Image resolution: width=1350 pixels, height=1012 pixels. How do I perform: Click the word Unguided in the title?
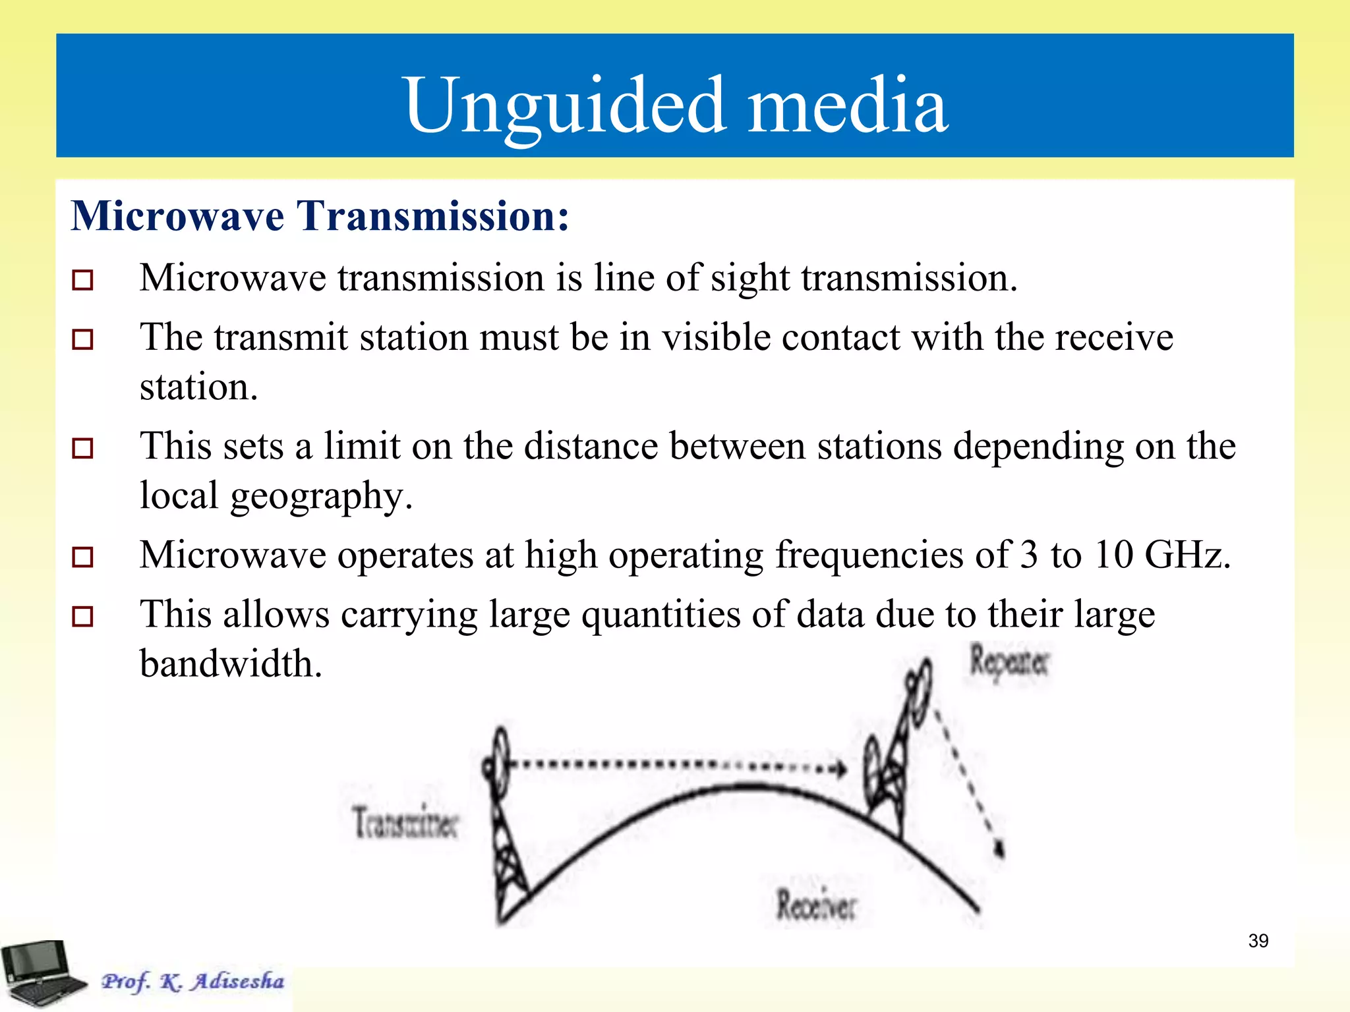(x=566, y=105)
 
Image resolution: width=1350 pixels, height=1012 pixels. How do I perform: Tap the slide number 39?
(x=1258, y=940)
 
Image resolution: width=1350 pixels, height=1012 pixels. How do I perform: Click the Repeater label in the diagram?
(x=1009, y=661)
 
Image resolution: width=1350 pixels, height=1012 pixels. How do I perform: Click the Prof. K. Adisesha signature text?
(x=192, y=981)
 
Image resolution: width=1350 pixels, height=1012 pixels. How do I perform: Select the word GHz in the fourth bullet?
(x=1187, y=555)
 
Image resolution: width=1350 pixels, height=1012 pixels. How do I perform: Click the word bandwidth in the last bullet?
(x=231, y=663)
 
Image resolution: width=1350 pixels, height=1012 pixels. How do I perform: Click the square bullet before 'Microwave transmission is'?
(x=82, y=279)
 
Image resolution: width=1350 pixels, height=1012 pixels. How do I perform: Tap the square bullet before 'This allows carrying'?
(x=82, y=616)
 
